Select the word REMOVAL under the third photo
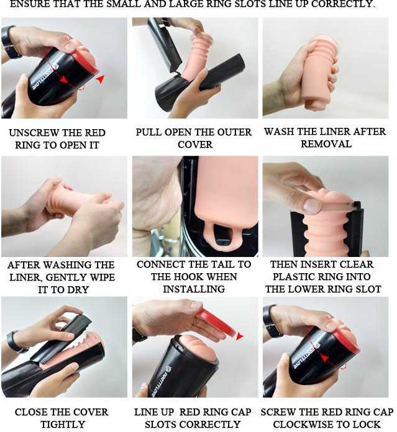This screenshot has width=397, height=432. (x=326, y=144)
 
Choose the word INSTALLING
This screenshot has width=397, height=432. (x=194, y=289)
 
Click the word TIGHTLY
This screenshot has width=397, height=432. (x=63, y=425)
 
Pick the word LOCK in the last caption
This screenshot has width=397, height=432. (x=366, y=425)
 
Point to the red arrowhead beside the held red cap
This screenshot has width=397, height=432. (x=239, y=336)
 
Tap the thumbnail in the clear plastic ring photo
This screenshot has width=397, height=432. (x=312, y=205)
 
